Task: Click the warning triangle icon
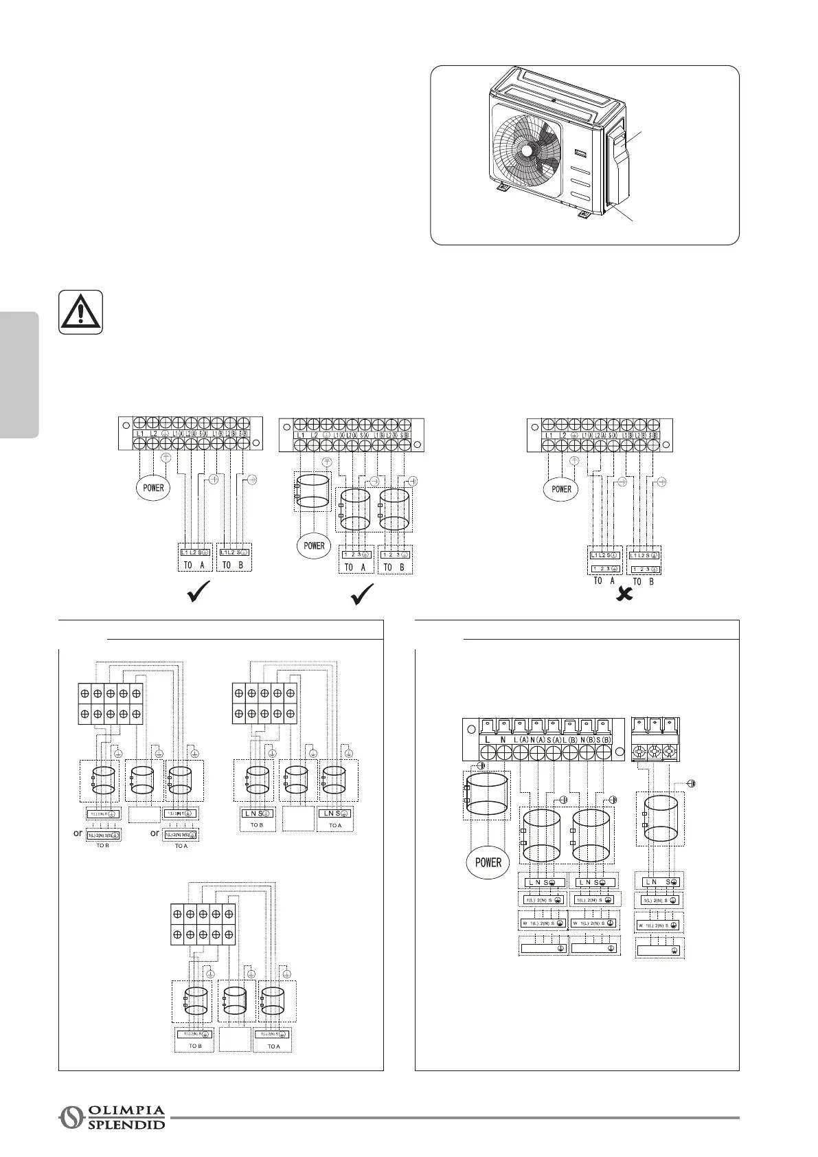pos(81,312)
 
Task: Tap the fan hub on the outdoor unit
pos(527,150)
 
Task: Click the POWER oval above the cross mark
pos(561,489)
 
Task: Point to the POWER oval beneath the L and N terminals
pos(488,862)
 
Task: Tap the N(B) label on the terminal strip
pos(587,739)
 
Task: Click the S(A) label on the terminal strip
pos(554,739)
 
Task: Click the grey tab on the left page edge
pos(19,375)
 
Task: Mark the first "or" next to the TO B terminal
pos(79,833)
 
